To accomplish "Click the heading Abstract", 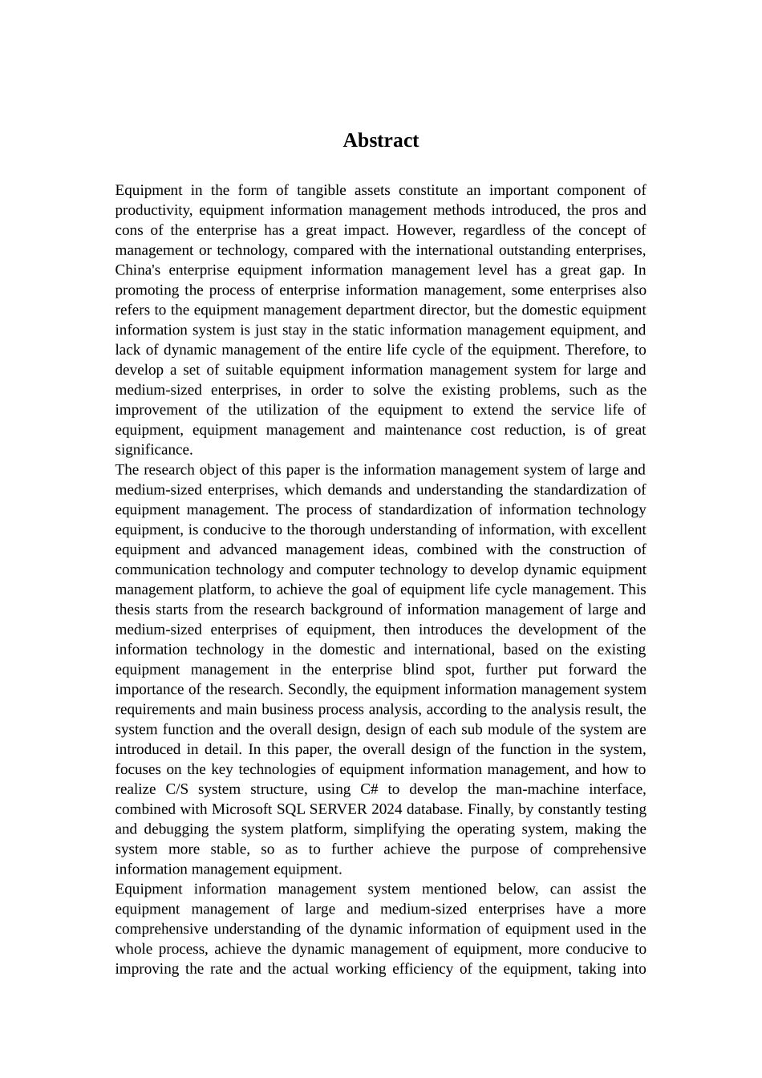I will pyautogui.click(x=380, y=140).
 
